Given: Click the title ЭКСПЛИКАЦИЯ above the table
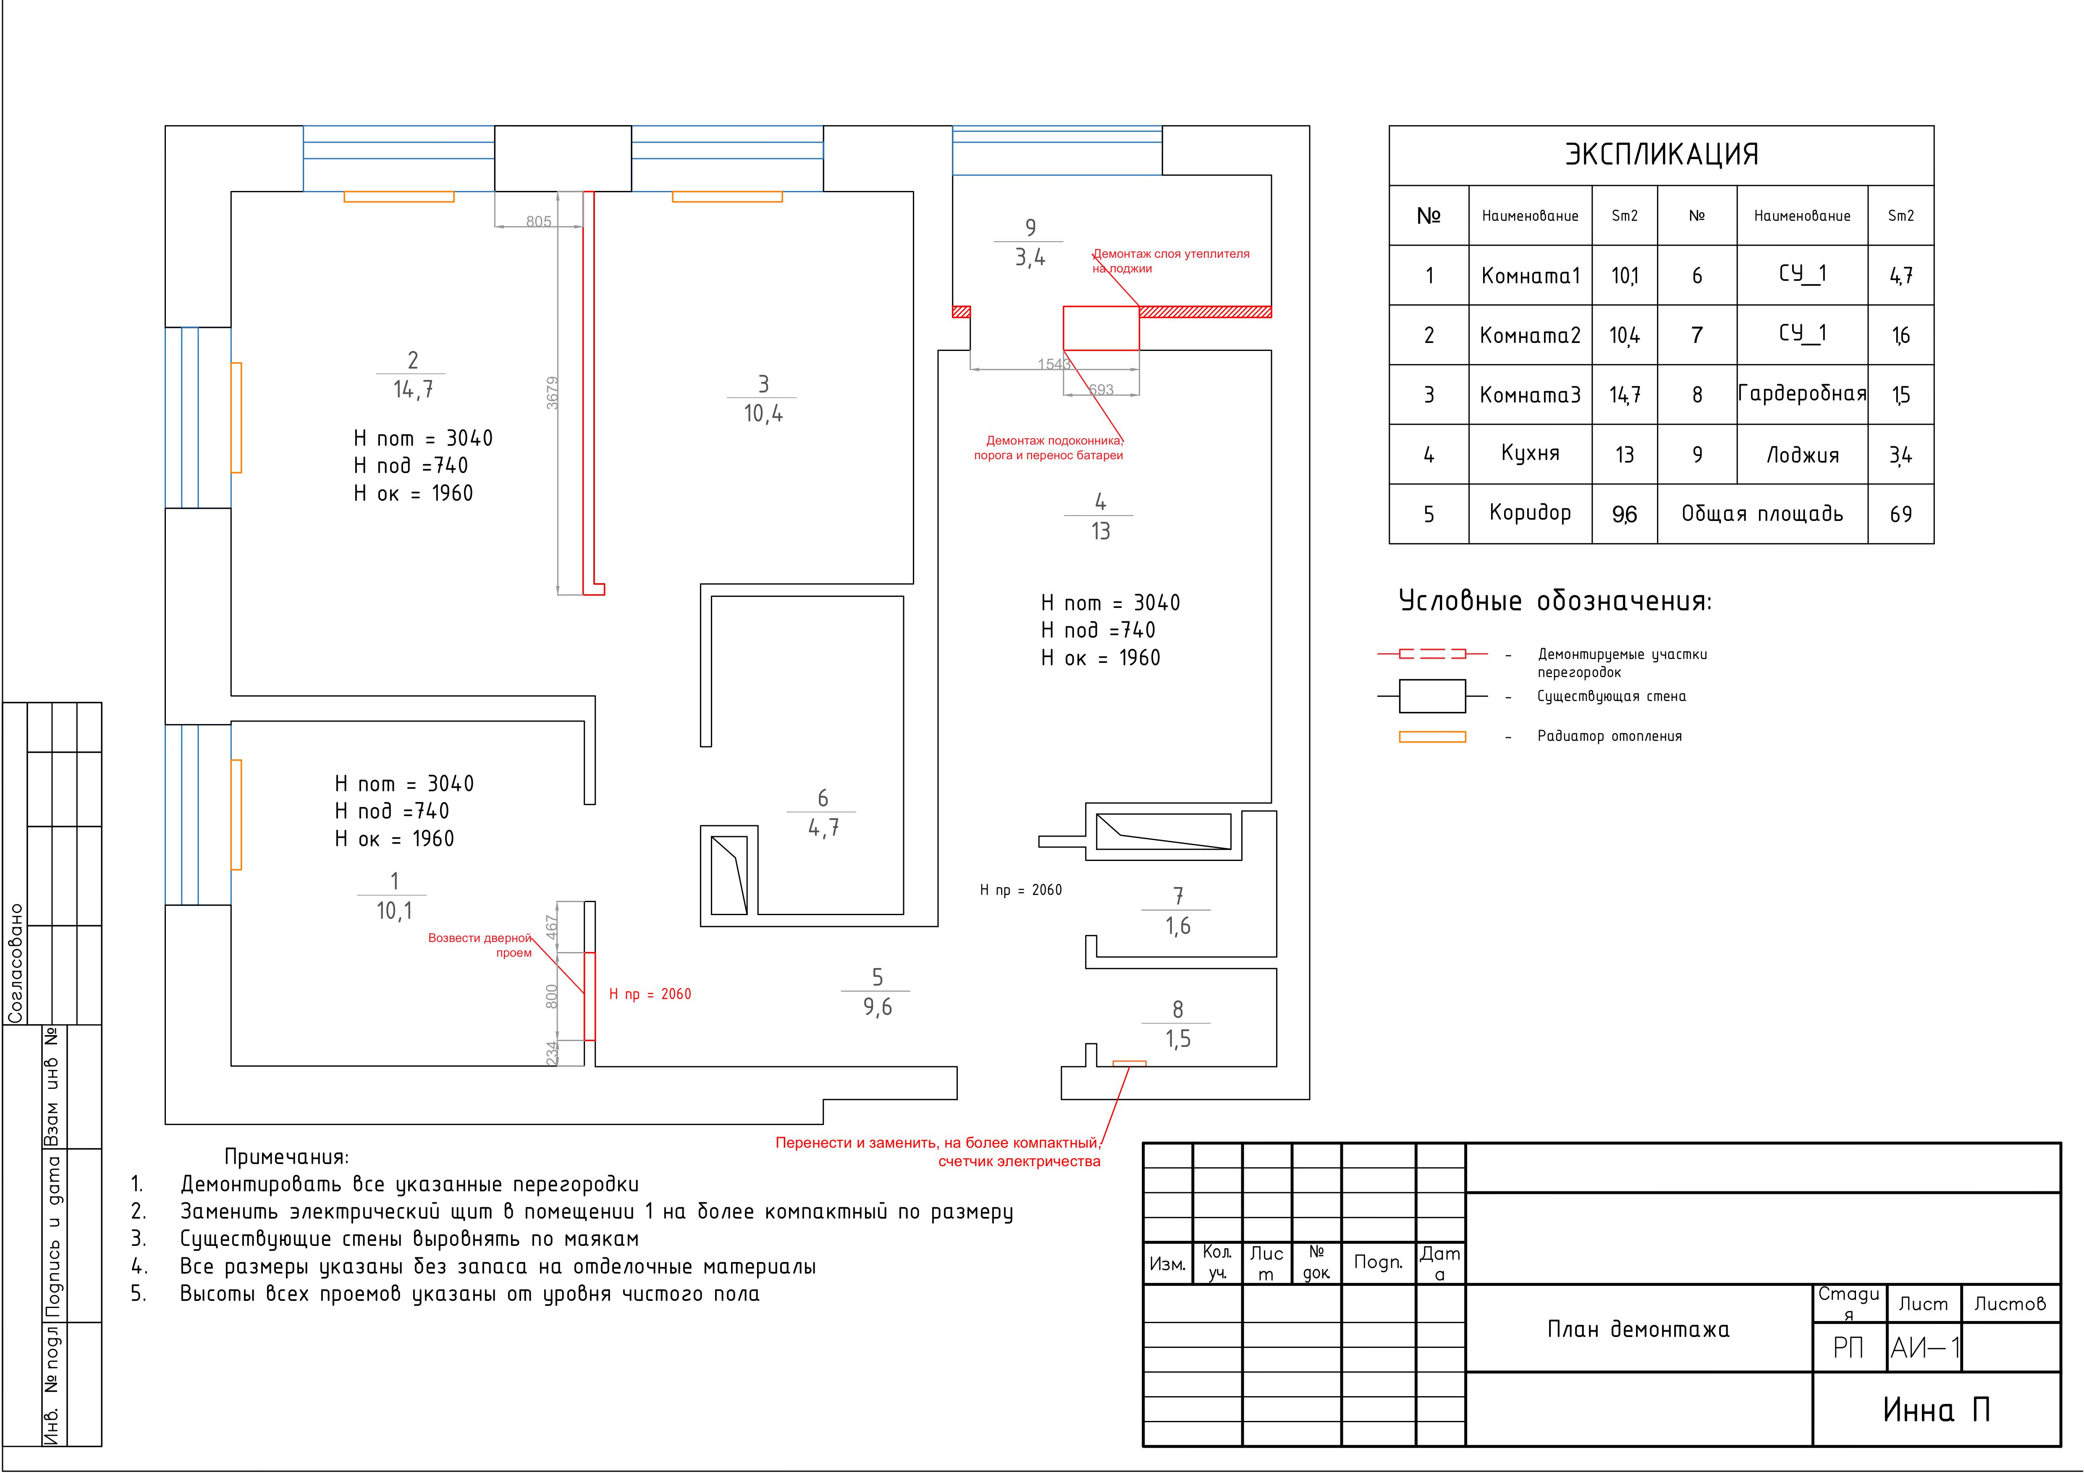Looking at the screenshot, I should pos(1661,154).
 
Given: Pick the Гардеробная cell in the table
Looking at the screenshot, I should pos(1802,394).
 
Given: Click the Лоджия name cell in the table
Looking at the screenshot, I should pos(1802,455).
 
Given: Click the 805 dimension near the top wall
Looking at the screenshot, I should pos(538,222).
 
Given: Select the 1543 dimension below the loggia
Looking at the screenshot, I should pos(1054,364).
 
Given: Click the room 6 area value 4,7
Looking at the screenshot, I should pos(823,828).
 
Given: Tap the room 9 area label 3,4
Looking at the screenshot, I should pos(1030,258).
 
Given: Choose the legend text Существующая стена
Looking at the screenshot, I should pos(1611,696).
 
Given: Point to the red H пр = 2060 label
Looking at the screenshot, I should pos(650,994).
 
